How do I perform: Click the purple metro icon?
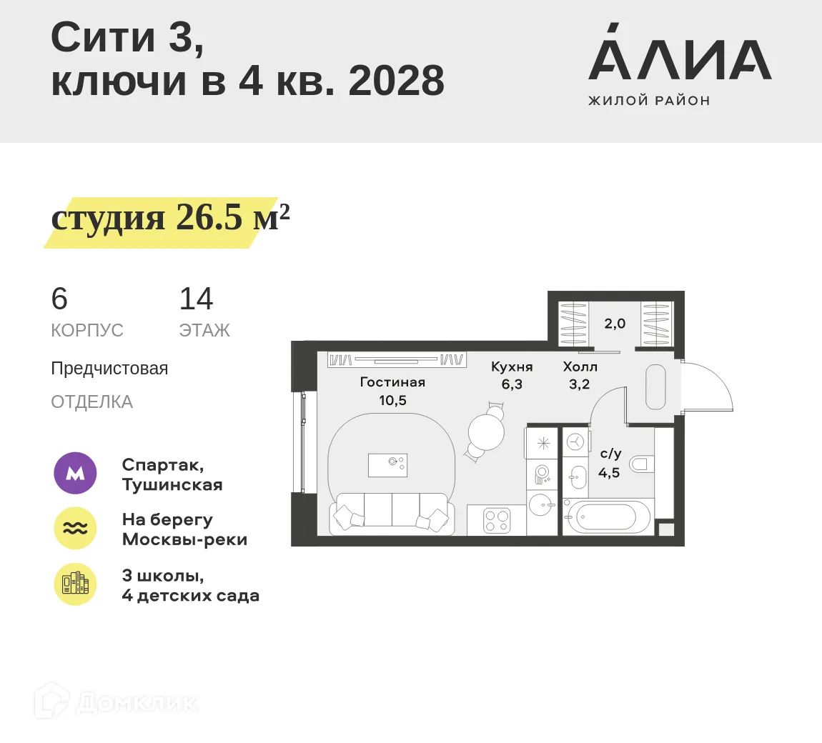(75, 473)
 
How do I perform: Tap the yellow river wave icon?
(75, 529)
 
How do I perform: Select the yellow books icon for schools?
(75, 584)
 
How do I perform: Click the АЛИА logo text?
(679, 60)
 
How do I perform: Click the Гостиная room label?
(392, 382)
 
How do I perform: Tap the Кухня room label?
(512, 366)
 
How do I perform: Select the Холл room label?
(580, 366)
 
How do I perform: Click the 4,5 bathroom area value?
(609, 472)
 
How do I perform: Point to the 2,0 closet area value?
(615, 324)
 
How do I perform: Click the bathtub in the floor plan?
(608, 517)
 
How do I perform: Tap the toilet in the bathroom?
(642, 464)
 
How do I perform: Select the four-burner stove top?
(497, 520)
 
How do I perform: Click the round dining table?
(487, 432)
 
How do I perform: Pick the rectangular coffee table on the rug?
(387, 465)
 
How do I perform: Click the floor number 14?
(196, 299)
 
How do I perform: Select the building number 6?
(59, 299)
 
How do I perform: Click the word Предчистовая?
(109, 369)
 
